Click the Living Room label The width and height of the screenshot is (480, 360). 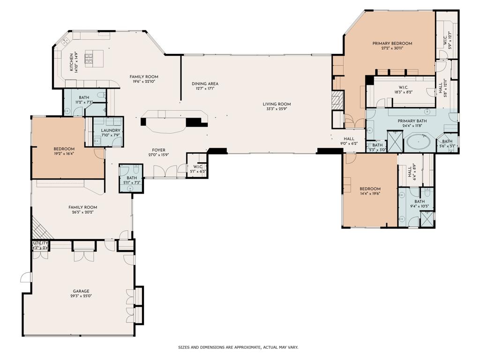click(277, 104)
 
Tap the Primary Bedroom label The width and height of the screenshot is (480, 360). click(392, 44)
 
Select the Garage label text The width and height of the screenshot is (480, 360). click(81, 291)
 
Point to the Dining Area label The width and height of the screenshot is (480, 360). click(205, 84)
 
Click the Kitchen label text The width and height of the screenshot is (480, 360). click(72, 62)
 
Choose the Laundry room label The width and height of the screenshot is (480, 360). click(111, 130)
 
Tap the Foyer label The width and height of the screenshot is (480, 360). click(158, 150)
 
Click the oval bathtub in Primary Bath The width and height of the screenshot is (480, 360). click(419, 142)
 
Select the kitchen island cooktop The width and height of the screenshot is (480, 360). click(89, 59)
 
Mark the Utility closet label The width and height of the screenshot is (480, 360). click(40, 243)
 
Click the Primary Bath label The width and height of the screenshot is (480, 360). click(412, 121)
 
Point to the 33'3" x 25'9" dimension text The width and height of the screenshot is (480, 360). click(277, 109)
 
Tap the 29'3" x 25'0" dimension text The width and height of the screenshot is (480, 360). click(81, 296)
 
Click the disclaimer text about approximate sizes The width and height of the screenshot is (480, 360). click(238, 347)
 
